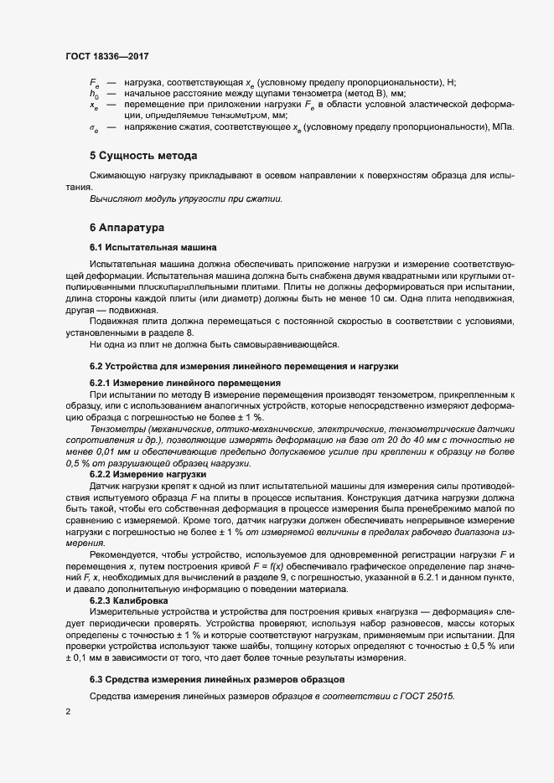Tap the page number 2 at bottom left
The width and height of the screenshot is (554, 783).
coord(68,712)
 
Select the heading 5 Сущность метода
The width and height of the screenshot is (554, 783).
coord(143,156)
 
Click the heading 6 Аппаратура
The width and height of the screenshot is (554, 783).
coord(127,227)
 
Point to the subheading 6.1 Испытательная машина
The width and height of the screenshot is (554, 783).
coord(153,247)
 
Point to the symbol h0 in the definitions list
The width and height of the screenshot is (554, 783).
coord(94,95)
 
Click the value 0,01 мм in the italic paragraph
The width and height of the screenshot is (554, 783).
coord(117,449)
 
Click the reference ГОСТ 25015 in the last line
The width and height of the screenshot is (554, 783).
coord(428,698)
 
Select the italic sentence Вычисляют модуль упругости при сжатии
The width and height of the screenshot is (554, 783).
coord(186,198)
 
